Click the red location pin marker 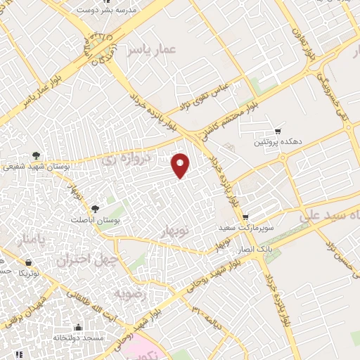[x=181, y=165]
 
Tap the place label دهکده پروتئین [x=278, y=141]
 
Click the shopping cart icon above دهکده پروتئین [x=278, y=131]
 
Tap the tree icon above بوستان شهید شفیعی [x=36, y=156]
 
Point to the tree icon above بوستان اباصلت [x=95, y=208]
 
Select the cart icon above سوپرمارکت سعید [x=244, y=218]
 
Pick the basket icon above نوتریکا [x=27, y=262]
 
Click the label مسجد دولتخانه [x=77, y=338]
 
